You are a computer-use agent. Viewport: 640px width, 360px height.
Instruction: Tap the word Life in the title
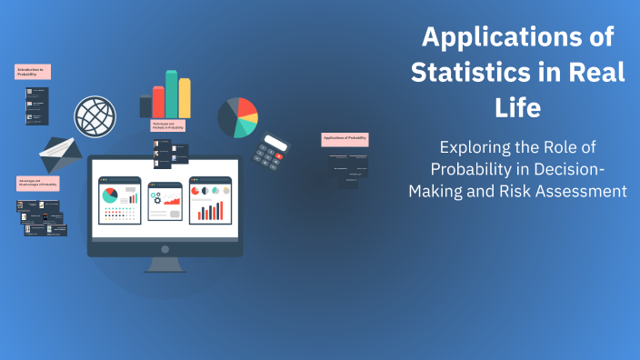coord(517,106)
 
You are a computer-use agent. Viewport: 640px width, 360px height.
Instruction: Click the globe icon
coord(95,116)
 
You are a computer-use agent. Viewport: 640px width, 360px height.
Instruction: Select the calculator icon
coord(270,152)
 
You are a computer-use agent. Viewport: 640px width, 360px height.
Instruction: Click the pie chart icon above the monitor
coord(237,117)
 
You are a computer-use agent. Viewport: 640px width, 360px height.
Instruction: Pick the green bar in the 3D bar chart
coord(171,94)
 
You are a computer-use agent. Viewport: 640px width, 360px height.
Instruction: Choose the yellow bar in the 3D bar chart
coord(185,98)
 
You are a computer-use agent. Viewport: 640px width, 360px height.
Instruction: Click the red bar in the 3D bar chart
coord(158,102)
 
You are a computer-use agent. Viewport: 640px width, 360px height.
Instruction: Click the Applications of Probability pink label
coord(345,139)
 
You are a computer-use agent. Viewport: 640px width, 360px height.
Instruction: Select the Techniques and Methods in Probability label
coord(168,126)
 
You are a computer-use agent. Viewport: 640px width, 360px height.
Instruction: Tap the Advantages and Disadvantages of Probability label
coord(38,184)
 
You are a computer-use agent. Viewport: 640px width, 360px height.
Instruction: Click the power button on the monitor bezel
coord(164,249)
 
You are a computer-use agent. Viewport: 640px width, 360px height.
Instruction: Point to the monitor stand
coord(164,265)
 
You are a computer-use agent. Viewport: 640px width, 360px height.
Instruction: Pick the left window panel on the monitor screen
coord(119,201)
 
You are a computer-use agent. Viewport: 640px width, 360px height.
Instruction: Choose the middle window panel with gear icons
coord(165,201)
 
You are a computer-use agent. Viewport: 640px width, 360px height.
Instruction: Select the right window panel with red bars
coord(210,201)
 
